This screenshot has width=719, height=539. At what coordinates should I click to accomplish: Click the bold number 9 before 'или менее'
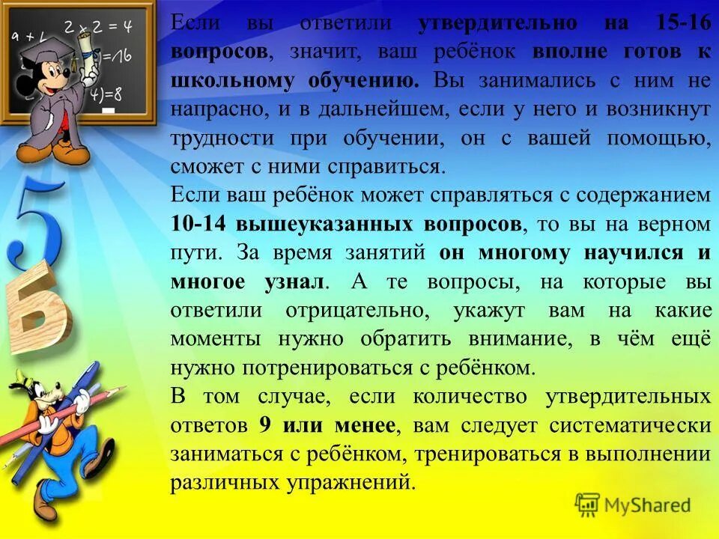pyautogui.click(x=264, y=425)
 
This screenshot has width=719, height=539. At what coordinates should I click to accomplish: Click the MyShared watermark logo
pyautogui.click(x=633, y=505)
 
